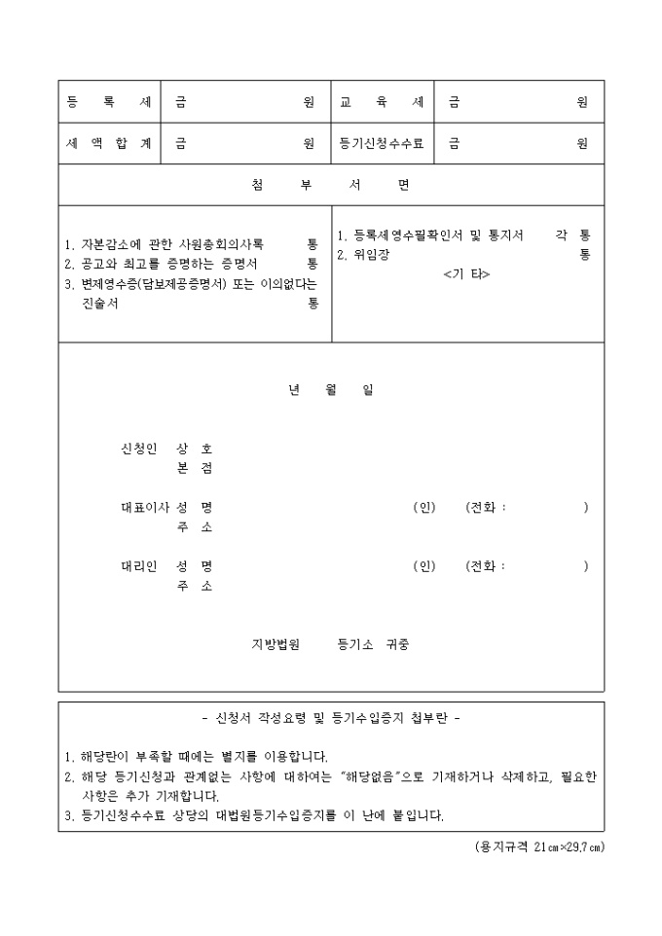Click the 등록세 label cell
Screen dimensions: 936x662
click(108, 102)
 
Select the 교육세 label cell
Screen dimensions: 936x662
click(382, 102)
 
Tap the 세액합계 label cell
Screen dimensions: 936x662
click(108, 144)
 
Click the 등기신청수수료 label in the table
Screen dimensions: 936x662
click(382, 144)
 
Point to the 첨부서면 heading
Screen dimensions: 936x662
click(330, 186)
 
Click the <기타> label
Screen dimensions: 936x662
click(466, 274)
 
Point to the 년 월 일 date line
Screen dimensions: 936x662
click(330, 390)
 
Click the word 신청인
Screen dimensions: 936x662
click(137, 449)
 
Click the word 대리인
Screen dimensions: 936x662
click(137, 565)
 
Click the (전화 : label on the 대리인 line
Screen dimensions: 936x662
click(486, 565)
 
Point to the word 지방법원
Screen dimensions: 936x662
click(276, 644)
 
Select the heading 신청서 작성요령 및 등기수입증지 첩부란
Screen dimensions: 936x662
click(330, 719)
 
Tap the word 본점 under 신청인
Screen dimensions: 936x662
click(195, 468)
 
